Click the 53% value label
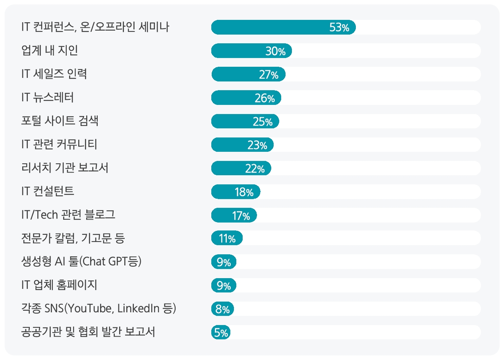pos(339,28)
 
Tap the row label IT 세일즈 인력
pos(54,74)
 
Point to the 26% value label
pos(265,98)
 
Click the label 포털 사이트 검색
pos(60,121)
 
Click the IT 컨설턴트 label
pos(48,192)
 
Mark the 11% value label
pos(227,239)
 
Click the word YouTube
pos(89,308)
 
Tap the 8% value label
pos(223,309)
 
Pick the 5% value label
pos(221,333)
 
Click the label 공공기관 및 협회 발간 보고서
pos(88,332)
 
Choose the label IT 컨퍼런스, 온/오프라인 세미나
pos(95,27)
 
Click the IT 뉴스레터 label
pos(48,98)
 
